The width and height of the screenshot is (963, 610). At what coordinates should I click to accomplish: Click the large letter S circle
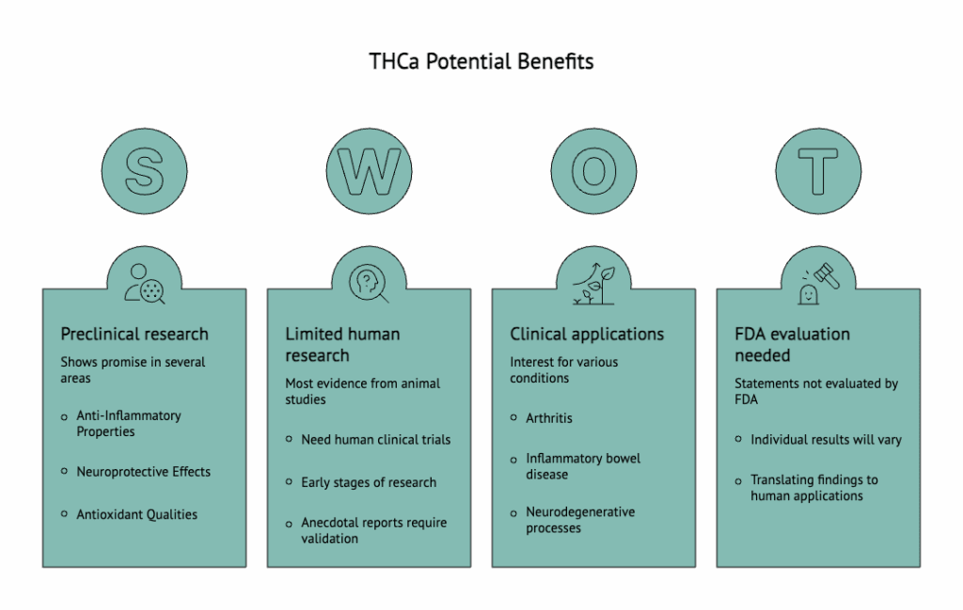pos(144,171)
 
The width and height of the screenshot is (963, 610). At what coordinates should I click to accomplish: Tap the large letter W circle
pos(369,171)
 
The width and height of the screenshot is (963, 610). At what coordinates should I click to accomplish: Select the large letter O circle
pos(593,171)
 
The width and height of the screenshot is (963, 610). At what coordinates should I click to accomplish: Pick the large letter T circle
pos(818,171)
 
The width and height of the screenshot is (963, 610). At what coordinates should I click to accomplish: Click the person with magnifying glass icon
pos(144,283)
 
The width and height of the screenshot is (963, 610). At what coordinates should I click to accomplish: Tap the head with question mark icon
pos(369,283)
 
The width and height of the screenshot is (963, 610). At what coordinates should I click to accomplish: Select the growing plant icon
pos(593,283)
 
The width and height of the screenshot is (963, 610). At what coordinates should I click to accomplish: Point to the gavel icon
pos(818,283)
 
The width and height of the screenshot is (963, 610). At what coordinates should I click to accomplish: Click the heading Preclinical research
pos(134,334)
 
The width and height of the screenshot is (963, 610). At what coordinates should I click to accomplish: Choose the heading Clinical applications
pos(587,334)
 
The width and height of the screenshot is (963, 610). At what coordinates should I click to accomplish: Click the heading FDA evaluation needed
pos(792,344)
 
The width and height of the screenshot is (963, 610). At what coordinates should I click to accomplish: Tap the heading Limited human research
pos(342,344)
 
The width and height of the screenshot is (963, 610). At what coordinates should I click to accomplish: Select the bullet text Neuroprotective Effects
pos(143,472)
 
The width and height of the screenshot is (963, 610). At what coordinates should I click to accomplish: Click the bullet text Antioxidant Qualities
pos(136,514)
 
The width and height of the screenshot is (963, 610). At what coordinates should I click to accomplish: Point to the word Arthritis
pos(548,417)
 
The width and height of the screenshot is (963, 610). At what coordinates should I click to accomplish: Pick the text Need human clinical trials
pos(375,439)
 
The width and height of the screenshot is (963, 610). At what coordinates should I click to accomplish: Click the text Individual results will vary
pos(826,439)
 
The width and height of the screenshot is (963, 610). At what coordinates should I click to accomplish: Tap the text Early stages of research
pos(369,482)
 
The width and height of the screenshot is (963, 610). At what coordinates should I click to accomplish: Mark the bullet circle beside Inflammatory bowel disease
pos(513,460)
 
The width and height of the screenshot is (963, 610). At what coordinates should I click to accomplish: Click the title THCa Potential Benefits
pos(481,62)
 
